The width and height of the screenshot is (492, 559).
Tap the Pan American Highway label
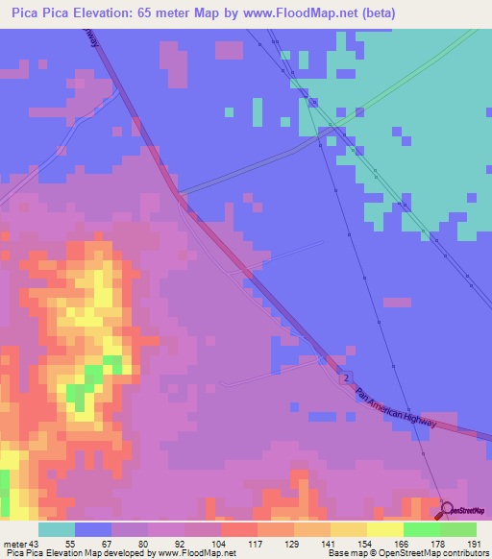[396, 407]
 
